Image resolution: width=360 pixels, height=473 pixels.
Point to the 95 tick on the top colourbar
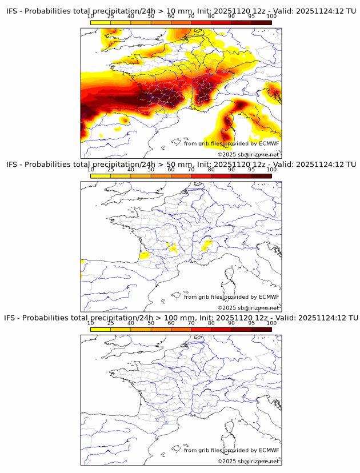(251, 16)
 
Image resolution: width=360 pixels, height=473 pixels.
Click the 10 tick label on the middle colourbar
(91, 170)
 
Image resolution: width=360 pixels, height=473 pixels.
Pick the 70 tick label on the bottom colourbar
(191, 323)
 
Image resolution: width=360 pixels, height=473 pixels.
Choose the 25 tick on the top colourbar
(111, 16)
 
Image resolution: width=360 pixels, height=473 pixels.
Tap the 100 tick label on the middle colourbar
(271, 170)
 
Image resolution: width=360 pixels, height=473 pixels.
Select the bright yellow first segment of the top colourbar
(101, 22)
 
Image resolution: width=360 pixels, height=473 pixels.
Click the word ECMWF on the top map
(269, 143)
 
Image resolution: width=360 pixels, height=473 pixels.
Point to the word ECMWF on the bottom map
(269, 450)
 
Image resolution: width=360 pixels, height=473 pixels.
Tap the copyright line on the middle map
(248, 308)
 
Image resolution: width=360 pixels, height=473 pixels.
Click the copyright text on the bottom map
(248, 461)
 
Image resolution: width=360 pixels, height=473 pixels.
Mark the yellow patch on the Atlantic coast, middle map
(145, 256)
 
